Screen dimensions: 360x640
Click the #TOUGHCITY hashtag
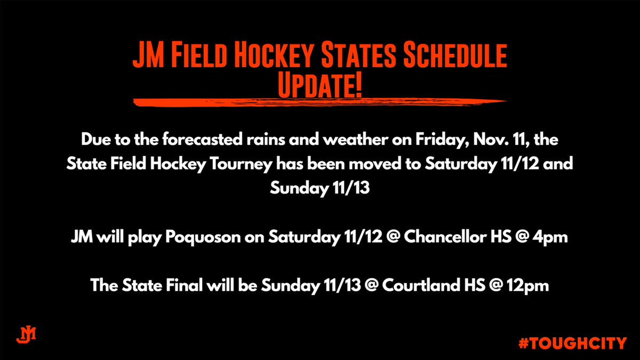click(572, 343)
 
